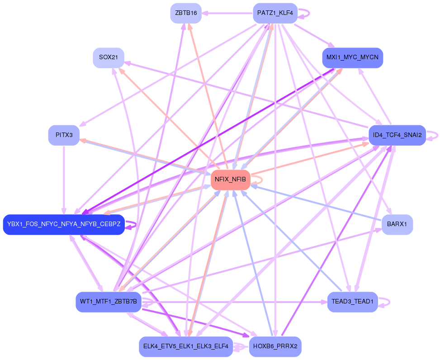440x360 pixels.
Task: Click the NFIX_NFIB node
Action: point(230,180)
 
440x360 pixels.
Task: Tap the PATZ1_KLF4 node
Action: point(275,13)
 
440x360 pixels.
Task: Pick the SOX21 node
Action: point(109,58)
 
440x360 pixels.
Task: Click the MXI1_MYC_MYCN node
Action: point(352,58)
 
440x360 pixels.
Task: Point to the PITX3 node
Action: point(64,135)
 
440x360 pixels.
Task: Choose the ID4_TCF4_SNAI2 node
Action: point(397,135)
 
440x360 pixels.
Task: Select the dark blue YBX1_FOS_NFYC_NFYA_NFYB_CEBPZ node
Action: point(64,224)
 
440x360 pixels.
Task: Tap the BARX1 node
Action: point(397,224)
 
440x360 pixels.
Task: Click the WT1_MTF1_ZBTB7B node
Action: point(109,302)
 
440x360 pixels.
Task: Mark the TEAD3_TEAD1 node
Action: point(352,302)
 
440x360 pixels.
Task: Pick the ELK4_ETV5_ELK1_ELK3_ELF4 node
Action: point(186,346)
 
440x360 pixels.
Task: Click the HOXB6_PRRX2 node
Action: point(275,346)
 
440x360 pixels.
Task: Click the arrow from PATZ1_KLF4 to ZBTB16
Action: point(226,13)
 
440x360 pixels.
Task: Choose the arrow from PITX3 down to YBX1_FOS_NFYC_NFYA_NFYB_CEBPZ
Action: point(64,181)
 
